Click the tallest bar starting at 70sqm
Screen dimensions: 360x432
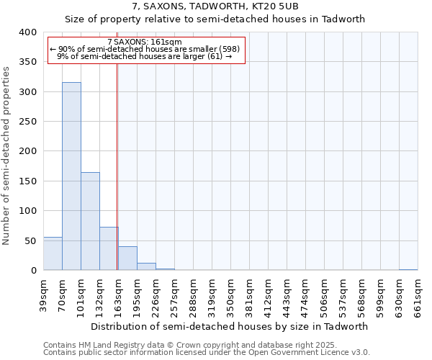(71, 176)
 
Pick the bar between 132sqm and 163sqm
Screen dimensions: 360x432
(109, 248)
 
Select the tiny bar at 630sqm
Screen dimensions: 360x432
(408, 269)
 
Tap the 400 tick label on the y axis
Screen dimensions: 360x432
(28, 32)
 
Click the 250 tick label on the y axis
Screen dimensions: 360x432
(28, 122)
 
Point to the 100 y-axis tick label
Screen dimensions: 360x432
(28, 211)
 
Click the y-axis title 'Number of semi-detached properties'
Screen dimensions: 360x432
(6, 155)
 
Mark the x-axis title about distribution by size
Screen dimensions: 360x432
(230, 326)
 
